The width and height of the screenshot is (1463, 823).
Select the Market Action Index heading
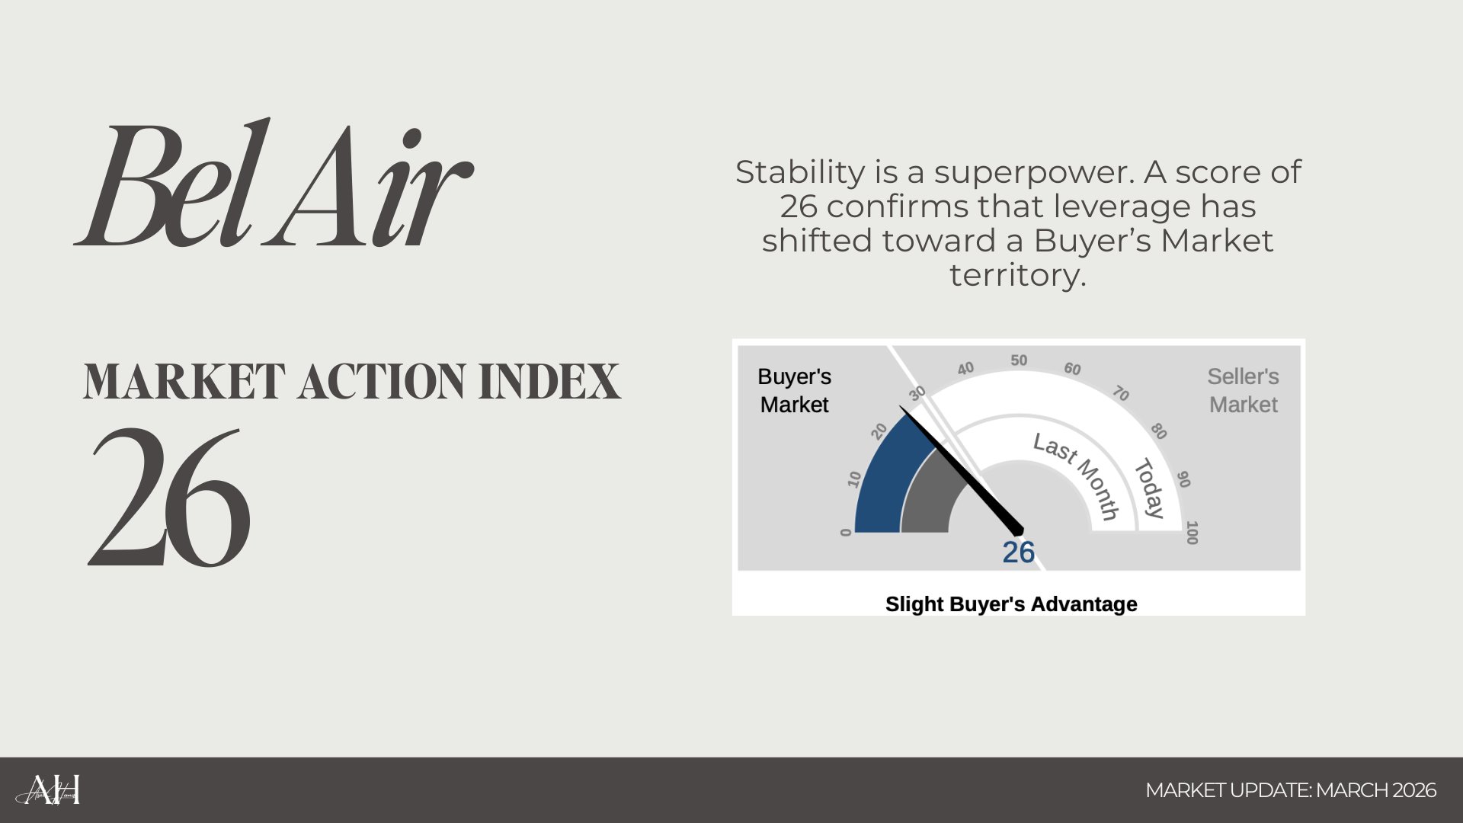click(352, 382)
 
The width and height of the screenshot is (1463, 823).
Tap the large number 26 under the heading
click(169, 497)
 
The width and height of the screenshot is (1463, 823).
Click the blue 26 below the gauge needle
click(1018, 552)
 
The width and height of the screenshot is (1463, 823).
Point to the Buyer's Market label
click(794, 390)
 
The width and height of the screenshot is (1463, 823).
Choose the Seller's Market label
click(1243, 390)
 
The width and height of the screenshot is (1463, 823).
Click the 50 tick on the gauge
click(1019, 360)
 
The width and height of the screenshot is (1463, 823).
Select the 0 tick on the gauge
click(845, 532)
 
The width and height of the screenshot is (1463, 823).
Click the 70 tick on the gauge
click(1120, 393)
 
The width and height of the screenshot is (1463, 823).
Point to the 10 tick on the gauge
click(854, 479)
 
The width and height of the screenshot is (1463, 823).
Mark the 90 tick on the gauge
click(1183, 479)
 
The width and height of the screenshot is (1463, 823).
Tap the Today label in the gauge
click(1150, 488)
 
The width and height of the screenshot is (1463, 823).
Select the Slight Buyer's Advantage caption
click(1011, 604)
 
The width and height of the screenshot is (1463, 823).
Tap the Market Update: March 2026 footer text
click(1291, 790)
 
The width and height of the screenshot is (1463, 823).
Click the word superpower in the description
click(1034, 173)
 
